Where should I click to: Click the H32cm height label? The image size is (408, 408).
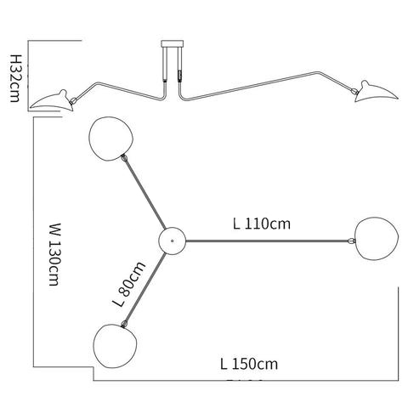coord(14,78)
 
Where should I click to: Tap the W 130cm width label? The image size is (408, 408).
coord(54,254)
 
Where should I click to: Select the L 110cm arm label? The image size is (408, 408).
coord(262,224)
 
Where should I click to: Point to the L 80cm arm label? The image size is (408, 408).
coord(129,284)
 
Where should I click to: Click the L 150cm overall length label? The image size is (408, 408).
coord(249,364)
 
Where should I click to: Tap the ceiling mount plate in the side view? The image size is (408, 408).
coord(173,44)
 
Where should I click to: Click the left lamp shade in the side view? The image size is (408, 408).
coord(52,100)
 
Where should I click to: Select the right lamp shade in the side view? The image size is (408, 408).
coord(377,92)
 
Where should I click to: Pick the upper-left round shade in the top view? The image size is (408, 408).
coord(110,139)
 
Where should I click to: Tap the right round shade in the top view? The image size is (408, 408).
coord(377,238)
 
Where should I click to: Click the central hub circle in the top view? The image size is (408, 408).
coord(173,241)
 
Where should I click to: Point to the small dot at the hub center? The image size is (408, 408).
coord(173,241)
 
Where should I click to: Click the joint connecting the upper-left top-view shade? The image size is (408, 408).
coord(124,158)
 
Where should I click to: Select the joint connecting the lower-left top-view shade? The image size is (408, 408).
coord(124,324)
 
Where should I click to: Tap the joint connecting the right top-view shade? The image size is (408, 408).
coord(351,241)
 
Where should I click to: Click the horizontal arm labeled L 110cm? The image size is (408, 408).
coord(267,241)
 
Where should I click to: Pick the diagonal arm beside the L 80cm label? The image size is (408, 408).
coord(145,288)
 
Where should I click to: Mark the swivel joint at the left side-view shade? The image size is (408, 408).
coord(73,100)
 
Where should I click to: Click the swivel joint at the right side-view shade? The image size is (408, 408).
coord(354,91)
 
